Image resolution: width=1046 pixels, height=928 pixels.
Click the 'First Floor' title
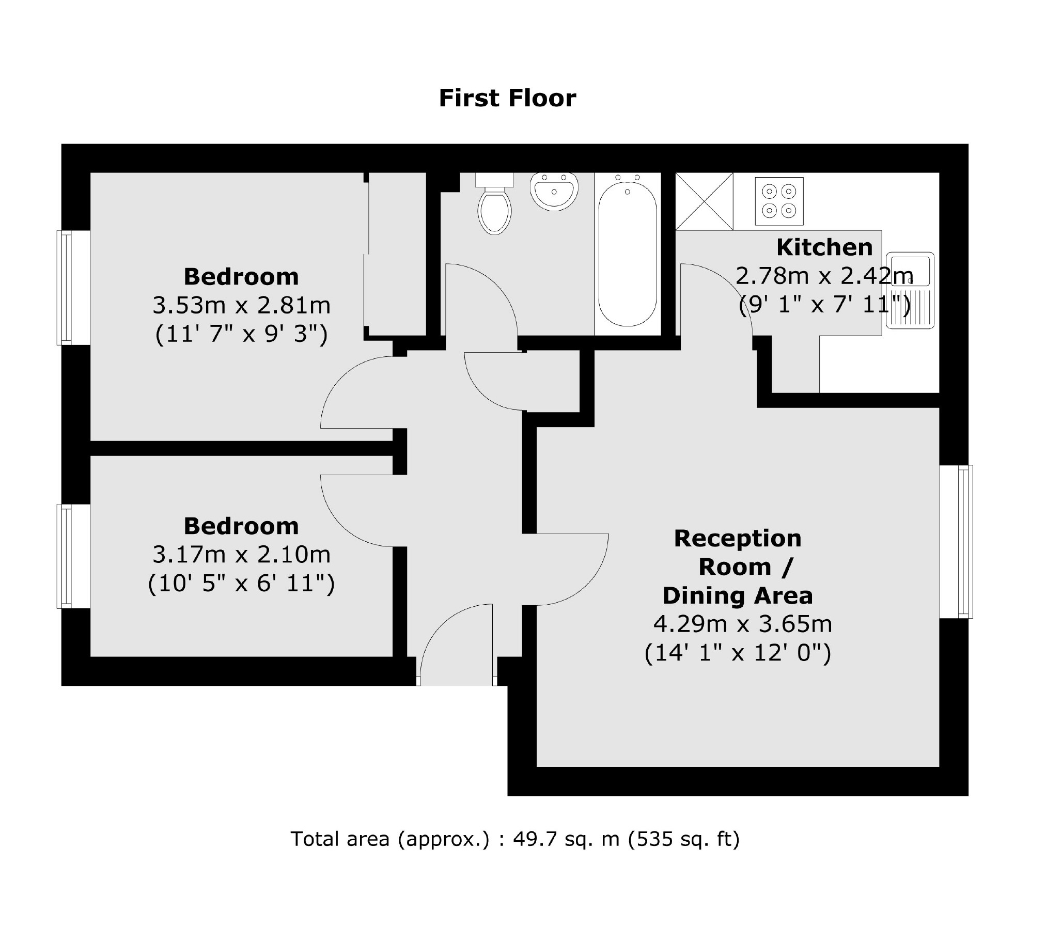[507, 98]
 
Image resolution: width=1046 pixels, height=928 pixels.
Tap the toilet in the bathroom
[495, 209]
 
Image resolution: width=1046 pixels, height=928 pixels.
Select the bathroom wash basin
[554, 192]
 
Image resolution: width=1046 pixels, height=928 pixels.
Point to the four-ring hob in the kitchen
[779, 201]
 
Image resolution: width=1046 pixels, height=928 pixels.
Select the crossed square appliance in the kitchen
[704, 201]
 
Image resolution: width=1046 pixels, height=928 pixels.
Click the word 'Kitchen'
[824, 247]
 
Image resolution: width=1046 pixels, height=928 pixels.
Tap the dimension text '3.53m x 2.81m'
[241, 306]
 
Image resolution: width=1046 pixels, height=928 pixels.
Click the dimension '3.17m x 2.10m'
[241, 555]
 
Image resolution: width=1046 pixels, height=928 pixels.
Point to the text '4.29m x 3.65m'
[743, 624]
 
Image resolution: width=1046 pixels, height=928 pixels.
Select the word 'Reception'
[738, 539]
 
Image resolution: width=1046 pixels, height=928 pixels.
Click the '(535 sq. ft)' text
[683, 839]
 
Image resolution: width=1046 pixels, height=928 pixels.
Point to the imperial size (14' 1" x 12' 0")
[738, 654]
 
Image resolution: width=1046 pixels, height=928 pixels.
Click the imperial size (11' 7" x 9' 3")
[241, 335]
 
